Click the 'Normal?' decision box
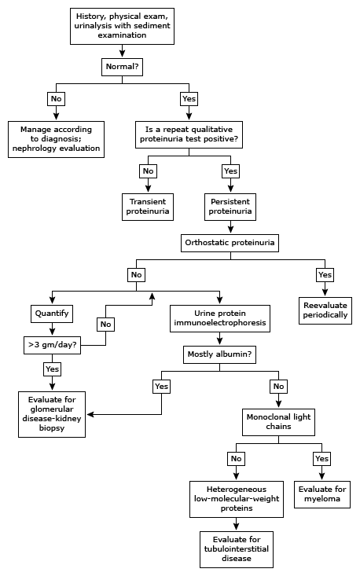(x=122, y=67)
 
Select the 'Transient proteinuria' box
(x=148, y=207)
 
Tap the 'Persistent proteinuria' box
(x=230, y=207)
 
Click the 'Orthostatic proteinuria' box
(x=230, y=243)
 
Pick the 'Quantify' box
(x=52, y=314)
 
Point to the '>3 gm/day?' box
(x=52, y=345)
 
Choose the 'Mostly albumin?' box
(x=219, y=354)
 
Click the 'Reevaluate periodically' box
(x=325, y=310)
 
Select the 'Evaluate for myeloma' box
(x=322, y=494)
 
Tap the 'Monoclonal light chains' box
(x=278, y=422)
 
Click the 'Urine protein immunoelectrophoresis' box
(x=219, y=318)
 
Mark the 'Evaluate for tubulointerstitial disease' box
(x=237, y=549)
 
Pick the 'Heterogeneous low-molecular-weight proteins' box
(x=237, y=499)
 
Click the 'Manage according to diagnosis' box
(x=57, y=139)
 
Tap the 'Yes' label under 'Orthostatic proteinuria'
(x=325, y=275)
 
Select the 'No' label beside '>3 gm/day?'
(x=106, y=325)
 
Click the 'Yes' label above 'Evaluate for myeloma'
(x=321, y=459)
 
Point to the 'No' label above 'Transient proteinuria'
(x=148, y=171)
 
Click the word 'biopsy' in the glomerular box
(x=52, y=428)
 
